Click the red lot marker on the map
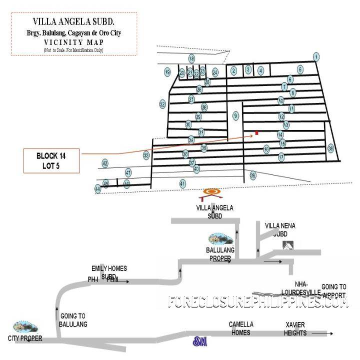coord(256,132)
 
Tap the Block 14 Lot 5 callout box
coord(51,161)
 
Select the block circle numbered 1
coord(316,56)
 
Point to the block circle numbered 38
coord(330,148)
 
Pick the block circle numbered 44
coord(97,189)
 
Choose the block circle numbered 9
coord(236,116)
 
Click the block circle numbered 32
coord(162,104)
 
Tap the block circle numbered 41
coord(182,183)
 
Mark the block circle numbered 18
coord(191,59)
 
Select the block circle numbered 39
coord(253,175)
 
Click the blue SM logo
coord(200,342)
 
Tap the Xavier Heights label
coord(294,328)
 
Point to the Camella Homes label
coord(241,328)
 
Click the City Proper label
coord(25,338)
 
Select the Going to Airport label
coord(333,290)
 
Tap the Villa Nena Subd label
coord(280,229)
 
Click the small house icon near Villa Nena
coord(287,245)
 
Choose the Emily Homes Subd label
coord(109,272)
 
